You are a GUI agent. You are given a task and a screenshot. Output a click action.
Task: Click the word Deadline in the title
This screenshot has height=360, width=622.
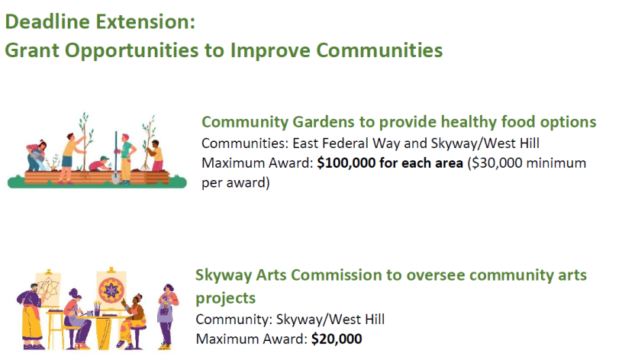tap(47, 21)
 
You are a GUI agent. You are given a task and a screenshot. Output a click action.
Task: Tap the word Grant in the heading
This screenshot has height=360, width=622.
tap(32, 50)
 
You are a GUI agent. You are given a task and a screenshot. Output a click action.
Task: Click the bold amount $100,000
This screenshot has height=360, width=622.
tap(346, 163)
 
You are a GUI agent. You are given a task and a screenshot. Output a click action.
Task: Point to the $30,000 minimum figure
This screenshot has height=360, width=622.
tap(496, 163)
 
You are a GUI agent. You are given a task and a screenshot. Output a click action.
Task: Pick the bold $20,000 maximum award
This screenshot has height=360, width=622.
tap(337, 339)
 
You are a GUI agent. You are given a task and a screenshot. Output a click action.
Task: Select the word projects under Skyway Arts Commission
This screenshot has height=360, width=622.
tap(225, 298)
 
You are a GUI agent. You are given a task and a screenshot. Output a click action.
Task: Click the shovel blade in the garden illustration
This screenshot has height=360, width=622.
tap(115, 178)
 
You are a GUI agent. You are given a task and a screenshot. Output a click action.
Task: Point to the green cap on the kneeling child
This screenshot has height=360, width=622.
tap(104, 159)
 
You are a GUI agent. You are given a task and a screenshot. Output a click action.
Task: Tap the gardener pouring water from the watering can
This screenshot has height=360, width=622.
tap(37, 155)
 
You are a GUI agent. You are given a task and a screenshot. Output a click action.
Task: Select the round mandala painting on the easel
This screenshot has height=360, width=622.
tap(111, 291)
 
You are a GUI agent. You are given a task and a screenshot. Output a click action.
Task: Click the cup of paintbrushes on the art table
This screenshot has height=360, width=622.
tap(97, 310)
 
